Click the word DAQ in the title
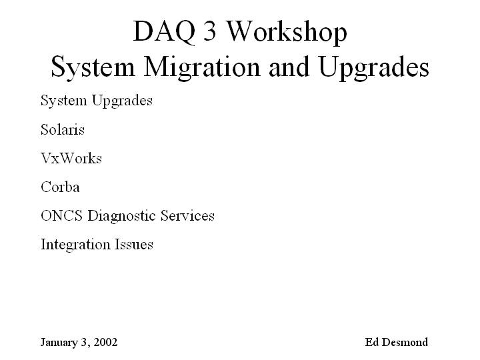pos(164,32)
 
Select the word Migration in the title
pos(202,68)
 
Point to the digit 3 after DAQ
pos(210,31)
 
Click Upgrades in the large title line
pos(374,68)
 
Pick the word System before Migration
pos(93,68)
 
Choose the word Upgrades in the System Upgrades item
pos(122,101)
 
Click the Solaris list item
pos(63,129)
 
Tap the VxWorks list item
pos(71,158)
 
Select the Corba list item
pos(60,187)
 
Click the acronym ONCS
pos(61,215)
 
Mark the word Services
pos(187,215)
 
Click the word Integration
pos(75,245)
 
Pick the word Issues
pos(134,244)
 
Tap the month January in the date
pos(59,343)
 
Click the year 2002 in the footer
pos(105,342)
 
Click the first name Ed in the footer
pos(371,342)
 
